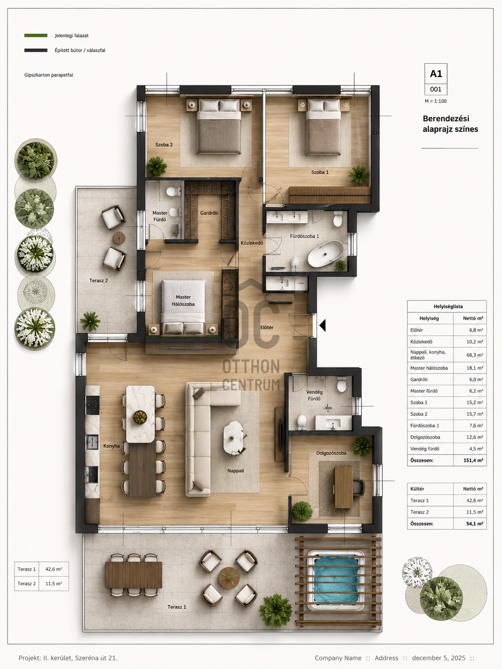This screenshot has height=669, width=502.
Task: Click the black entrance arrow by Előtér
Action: [323, 325]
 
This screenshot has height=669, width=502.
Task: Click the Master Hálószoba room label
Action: [183, 300]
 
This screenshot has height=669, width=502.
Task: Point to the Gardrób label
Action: [209, 213]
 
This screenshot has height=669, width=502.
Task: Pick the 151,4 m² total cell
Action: [473, 460]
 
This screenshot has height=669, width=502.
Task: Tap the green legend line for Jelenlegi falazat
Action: [36, 36]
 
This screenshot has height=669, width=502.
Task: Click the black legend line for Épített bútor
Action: [36, 50]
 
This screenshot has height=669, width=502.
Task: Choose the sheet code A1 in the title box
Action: [436, 73]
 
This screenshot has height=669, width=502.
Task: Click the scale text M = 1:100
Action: [436, 101]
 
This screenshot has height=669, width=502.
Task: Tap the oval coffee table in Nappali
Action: [233, 438]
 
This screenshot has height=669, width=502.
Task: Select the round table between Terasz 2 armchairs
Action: [119, 237]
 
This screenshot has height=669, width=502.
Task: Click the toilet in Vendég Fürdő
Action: [342, 384]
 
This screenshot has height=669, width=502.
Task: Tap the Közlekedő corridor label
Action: [252, 243]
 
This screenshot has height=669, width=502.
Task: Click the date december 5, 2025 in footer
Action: [439, 658]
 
